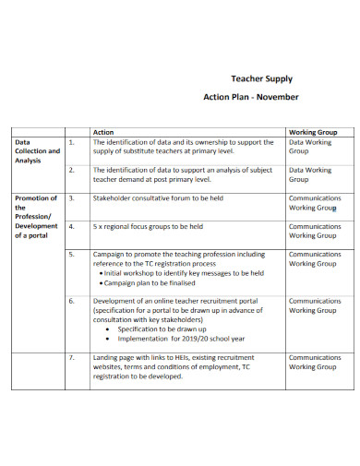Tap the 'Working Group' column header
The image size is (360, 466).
pos(312,132)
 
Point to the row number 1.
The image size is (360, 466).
pos(71,143)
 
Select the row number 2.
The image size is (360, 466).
pos(71,171)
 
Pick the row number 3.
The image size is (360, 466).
pos(71,198)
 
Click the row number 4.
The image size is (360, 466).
pos(71,226)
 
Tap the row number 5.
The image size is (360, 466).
pos(71,254)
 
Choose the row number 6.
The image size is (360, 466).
pos(71,301)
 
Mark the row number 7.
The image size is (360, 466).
pos(71,356)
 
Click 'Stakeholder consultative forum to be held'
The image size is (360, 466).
pos(158,198)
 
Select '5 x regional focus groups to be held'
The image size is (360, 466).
pos(149,226)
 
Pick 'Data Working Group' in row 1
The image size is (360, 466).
pos(309,148)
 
